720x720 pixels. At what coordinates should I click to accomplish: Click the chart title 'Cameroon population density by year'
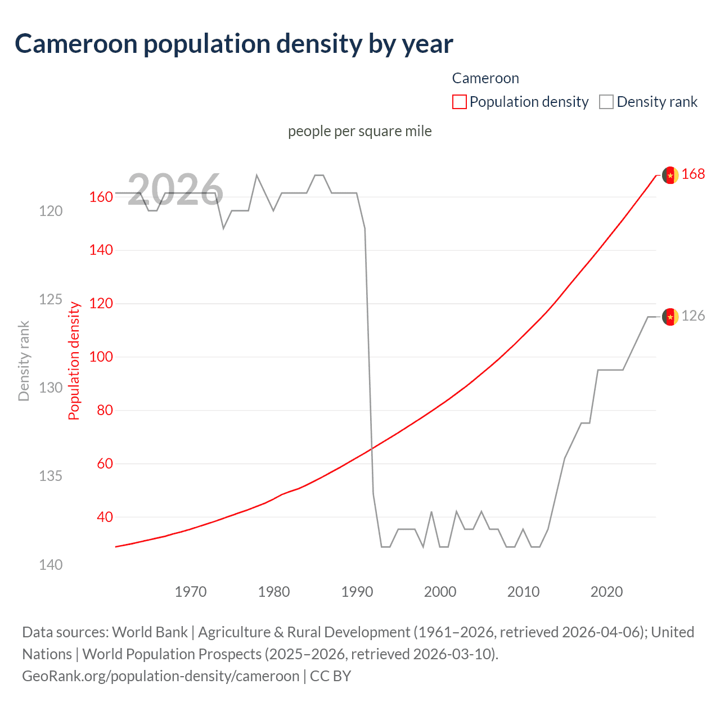[x=233, y=44]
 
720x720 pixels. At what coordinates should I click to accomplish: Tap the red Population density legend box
[x=459, y=102]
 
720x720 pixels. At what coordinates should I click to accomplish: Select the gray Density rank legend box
[x=606, y=102]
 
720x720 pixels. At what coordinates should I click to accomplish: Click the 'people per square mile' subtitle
[x=359, y=131]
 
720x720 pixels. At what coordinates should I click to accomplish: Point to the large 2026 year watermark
[x=175, y=190]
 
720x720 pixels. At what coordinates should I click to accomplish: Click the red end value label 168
[x=693, y=174]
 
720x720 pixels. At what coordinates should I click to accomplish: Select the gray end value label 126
[x=693, y=316]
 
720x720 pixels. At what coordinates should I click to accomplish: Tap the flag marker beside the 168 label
[x=670, y=175]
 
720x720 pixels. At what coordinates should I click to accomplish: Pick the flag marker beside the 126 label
[x=670, y=317]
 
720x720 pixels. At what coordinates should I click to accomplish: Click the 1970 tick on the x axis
[x=191, y=592]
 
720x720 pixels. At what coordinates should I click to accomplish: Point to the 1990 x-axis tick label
[x=357, y=592]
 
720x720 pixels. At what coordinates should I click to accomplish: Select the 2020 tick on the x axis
[x=606, y=592]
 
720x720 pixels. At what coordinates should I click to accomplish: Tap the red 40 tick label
[x=105, y=517]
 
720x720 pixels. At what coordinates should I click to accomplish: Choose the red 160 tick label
[x=101, y=197]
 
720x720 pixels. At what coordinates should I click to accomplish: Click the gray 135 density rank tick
[x=51, y=476]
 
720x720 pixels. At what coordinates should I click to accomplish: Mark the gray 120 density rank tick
[x=51, y=211]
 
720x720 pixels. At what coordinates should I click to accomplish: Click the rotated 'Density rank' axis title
[x=24, y=361]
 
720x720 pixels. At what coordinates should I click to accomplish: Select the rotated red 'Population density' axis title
[x=74, y=361]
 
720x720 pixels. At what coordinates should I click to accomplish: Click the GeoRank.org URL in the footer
[x=160, y=676]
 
